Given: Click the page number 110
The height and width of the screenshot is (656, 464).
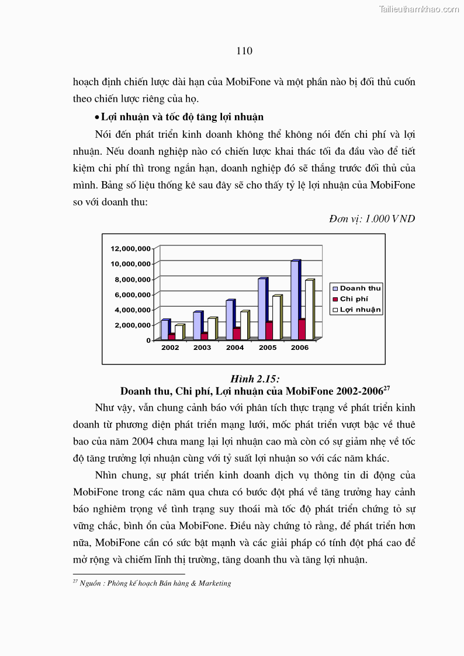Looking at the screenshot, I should (x=244, y=51).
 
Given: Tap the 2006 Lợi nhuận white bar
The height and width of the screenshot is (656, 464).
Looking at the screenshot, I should (x=309, y=309).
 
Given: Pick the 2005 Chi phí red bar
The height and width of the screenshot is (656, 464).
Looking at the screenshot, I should (x=268, y=330).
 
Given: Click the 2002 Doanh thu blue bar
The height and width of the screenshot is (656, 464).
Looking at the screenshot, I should (x=165, y=329).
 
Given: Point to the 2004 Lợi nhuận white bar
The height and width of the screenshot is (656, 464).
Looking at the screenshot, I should (x=244, y=325).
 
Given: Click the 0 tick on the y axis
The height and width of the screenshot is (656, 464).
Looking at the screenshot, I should (x=148, y=340).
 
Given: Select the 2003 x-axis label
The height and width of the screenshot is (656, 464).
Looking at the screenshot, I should (x=202, y=348).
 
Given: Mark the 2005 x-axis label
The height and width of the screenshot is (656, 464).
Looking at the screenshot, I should (x=267, y=348).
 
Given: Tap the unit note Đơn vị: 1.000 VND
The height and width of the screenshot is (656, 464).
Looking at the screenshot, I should (x=372, y=219).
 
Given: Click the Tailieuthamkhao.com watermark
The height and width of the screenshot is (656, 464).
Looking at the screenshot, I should (x=419, y=9).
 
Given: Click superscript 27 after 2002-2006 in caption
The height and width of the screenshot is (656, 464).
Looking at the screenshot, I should (x=386, y=387).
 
